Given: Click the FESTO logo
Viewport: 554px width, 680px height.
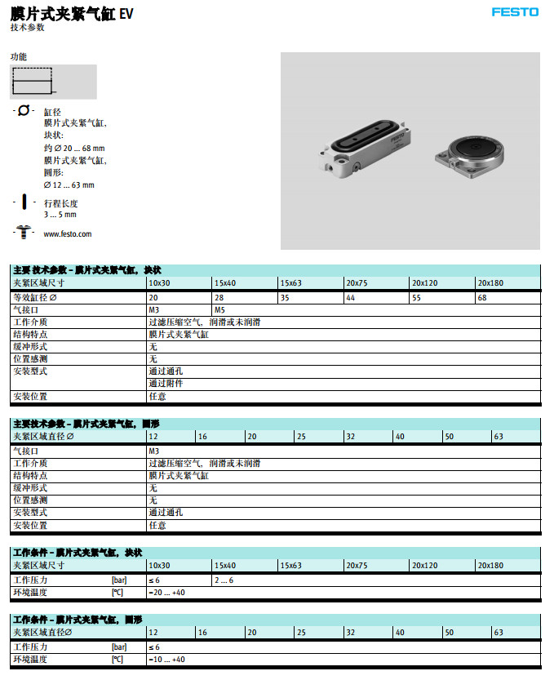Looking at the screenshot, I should click(x=515, y=12).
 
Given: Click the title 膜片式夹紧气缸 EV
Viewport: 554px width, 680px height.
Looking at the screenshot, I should click(x=72, y=14).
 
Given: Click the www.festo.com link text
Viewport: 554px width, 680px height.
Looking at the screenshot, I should click(x=67, y=234).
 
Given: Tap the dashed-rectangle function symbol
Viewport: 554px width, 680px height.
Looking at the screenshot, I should click(x=33, y=82).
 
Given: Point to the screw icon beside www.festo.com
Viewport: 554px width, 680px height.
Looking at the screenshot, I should click(x=24, y=233).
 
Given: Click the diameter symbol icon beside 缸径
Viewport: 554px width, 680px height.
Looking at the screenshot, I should click(x=24, y=110).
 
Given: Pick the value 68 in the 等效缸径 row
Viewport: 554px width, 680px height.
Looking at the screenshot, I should click(x=482, y=297).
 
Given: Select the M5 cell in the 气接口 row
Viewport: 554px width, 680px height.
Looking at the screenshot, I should click(x=220, y=310).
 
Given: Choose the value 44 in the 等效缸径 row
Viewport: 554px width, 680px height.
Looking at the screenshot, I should click(x=350, y=297).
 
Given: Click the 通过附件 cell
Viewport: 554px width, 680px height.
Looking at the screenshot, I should click(x=166, y=383).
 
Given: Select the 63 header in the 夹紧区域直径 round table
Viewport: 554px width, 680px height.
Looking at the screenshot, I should click(x=499, y=437).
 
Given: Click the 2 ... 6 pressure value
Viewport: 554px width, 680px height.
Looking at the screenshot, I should click(x=224, y=580).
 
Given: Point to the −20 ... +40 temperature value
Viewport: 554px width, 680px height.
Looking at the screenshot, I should click(x=166, y=593).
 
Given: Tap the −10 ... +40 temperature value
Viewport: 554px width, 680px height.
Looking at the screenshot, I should click(x=166, y=659).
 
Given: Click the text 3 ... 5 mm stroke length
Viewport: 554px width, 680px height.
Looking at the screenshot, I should click(x=60, y=215).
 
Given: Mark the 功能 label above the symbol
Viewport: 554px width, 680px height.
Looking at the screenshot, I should click(x=19, y=57).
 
